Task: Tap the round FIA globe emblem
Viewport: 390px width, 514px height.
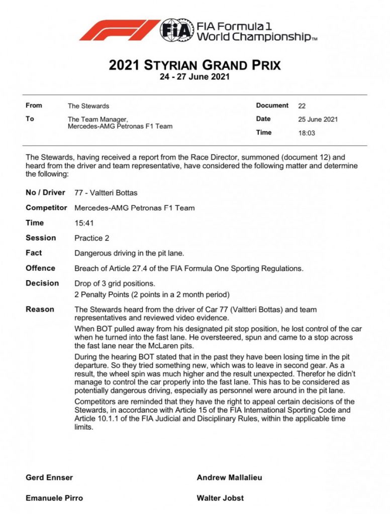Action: [x=176, y=30]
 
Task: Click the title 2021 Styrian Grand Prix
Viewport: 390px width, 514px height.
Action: [x=194, y=65]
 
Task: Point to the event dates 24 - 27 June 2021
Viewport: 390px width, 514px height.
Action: [x=194, y=77]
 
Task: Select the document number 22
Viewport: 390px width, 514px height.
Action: [x=302, y=106]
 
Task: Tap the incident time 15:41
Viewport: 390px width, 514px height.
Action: [x=84, y=223]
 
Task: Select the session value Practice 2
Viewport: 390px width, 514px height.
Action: [x=92, y=238]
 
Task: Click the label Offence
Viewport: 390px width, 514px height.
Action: [x=41, y=268]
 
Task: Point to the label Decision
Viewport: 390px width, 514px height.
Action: [x=42, y=283]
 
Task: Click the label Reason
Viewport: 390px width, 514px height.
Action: [x=40, y=309]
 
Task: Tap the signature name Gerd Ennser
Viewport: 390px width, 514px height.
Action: [x=49, y=478]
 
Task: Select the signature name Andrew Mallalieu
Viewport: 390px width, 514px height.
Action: [x=229, y=478]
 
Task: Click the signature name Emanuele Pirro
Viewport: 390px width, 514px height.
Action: [x=54, y=498]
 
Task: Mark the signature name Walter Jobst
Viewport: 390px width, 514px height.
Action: [x=220, y=498]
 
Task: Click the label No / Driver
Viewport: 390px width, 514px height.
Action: [x=45, y=193]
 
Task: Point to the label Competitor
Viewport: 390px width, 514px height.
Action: [x=46, y=208]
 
